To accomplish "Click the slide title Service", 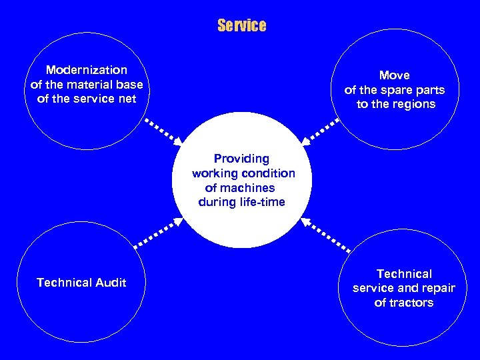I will tap(241, 26).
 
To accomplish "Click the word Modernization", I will tap(87, 70).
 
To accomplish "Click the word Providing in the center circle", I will tap(241, 159).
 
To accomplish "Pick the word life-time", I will tap(262, 202).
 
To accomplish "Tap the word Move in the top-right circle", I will tap(395, 75).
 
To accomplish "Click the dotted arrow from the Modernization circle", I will tap(163, 131).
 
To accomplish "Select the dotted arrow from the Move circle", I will tap(321, 131).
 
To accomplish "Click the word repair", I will tap(437, 288).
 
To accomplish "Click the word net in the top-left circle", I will tap(127, 99).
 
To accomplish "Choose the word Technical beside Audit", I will tap(64, 283).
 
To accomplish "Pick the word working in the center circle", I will tap(215, 173).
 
